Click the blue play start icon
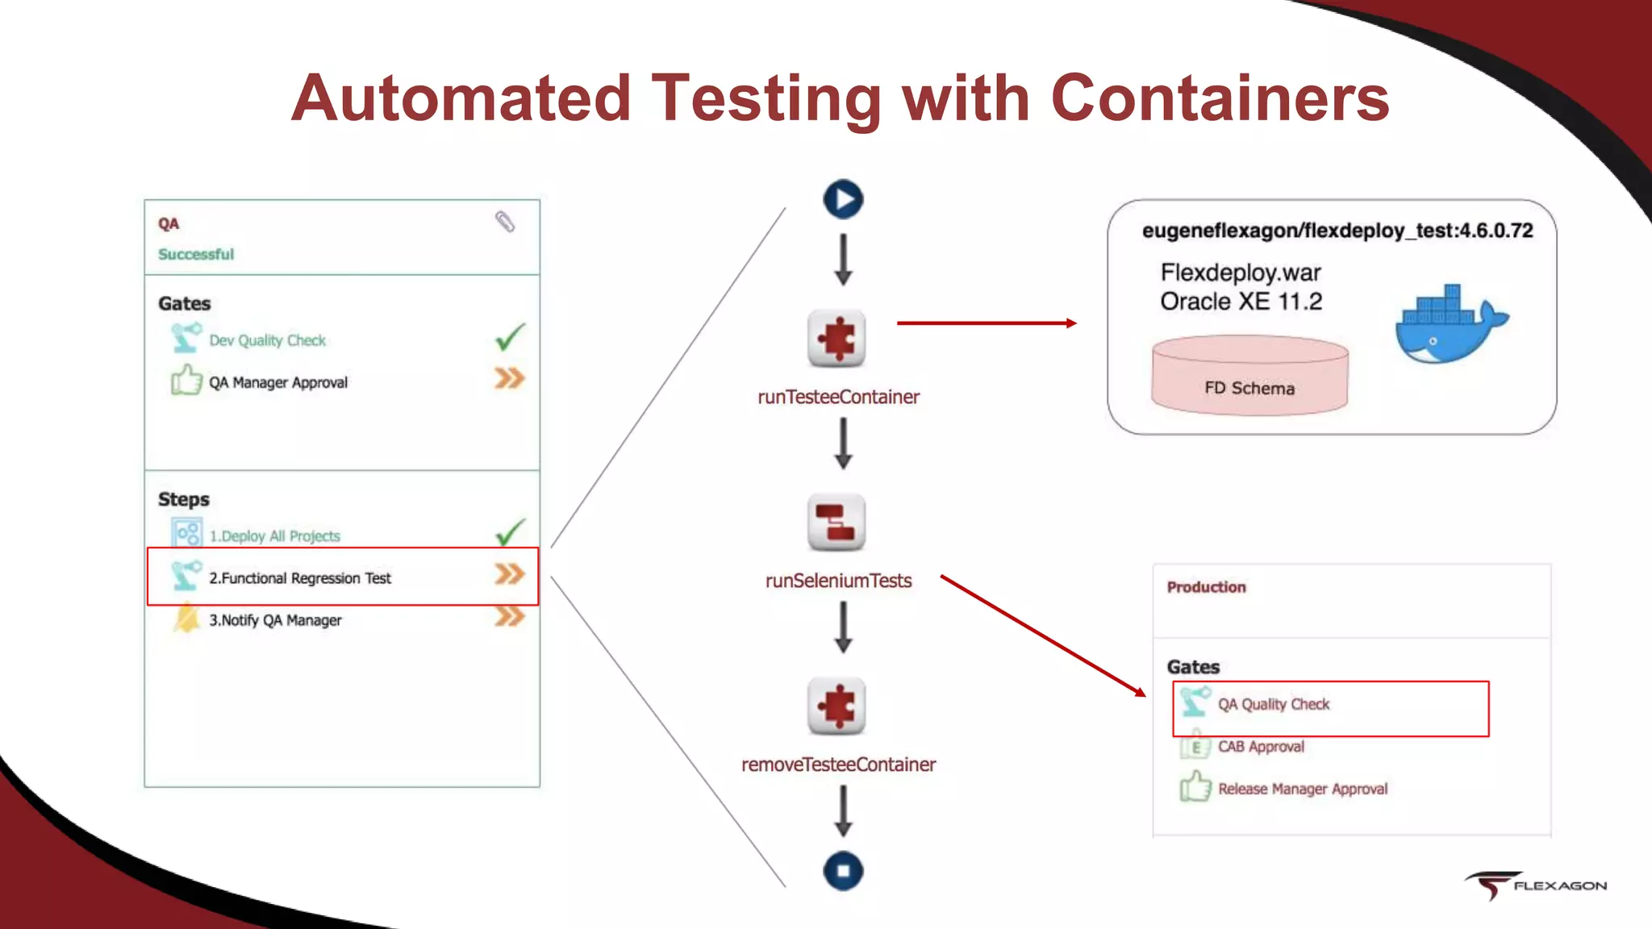[x=843, y=199]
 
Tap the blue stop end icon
[x=843, y=871]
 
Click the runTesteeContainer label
[x=838, y=397]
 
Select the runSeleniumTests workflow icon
[x=836, y=522]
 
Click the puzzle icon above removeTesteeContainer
[x=836, y=706]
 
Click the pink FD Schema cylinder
[x=1249, y=375]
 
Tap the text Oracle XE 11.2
[x=1241, y=302]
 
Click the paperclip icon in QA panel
[x=505, y=222]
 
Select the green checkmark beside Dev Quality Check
[x=510, y=337]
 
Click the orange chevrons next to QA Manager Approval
[x=509, y=378]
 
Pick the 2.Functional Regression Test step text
[x=300, y=578]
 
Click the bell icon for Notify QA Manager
[x=187, y=619]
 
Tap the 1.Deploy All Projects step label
[x=274, y=536]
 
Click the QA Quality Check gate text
[x=1273, y=704]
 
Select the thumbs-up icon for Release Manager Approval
[x=1195, y=786]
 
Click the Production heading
[x=1206, y=587]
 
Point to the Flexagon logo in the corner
[x=1535, y=885]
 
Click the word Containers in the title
[x=1220, y=98]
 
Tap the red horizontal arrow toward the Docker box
[x=986, y=323]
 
